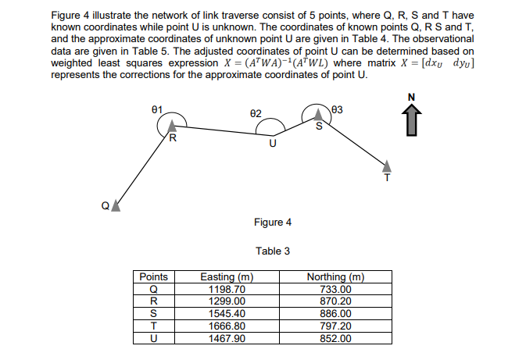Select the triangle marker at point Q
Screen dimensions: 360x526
(x=116, y=205)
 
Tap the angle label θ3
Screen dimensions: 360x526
(x=338, y=108)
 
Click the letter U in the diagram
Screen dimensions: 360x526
(x=272, y=143)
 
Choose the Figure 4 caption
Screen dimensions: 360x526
(x=273, y=223)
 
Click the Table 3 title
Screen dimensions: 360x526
(x=273, y=251)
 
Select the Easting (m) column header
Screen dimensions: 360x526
(x=227, y=277)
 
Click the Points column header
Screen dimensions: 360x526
(x=153, y=277)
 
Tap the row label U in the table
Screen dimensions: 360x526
(x=153, y=337)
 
